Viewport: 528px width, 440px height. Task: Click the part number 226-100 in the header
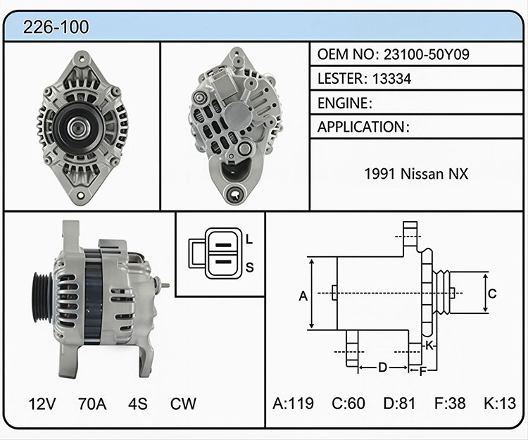[x=56, y=27]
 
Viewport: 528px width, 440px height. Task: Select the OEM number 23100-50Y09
[x=427, y=54]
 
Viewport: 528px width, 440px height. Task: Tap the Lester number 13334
[x=391, y=79]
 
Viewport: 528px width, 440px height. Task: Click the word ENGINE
[x=343, y=103]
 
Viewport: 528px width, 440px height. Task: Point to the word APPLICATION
[x=361, y=127]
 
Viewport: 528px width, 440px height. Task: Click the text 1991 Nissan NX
[x=416, y=174]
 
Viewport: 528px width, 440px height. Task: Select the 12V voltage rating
[x=42, y=403]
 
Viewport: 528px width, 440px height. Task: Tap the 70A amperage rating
[x=92, y=403]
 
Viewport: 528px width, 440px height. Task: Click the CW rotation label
[x=183, y=403]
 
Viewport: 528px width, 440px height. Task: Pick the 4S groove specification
[x=138, y=403]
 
